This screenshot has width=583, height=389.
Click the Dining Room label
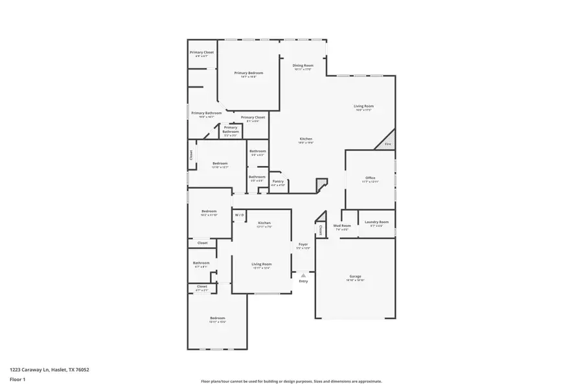(x=303, y=65)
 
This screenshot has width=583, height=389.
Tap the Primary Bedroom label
(x=249, y=73)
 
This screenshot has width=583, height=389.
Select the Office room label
(x=370, y=178)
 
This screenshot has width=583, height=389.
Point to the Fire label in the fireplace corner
(x=388, y=143)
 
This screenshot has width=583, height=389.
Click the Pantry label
(x=278, y=182)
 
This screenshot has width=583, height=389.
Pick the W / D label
(x=239, y=215)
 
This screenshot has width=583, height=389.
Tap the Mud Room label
(x=341, y=226)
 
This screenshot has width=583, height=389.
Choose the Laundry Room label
(x=376, y=222)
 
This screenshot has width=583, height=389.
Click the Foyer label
(x=303, y=244)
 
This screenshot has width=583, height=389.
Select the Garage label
(x=355, y=277)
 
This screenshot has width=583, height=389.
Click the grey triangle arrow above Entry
(x=303, y=276)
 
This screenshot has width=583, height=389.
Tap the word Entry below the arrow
(x=303, y=281)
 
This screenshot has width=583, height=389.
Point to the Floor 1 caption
(x=17, y=379)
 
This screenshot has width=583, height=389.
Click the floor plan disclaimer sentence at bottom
(x=291, y=381)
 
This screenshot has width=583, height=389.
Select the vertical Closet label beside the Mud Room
(x=321, y=230)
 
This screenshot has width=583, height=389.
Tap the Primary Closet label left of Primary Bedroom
(x=201, y=53)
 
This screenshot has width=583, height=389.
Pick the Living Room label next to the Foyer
(x=262, y=265)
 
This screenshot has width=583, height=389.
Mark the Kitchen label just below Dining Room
(x=306, y=139)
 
